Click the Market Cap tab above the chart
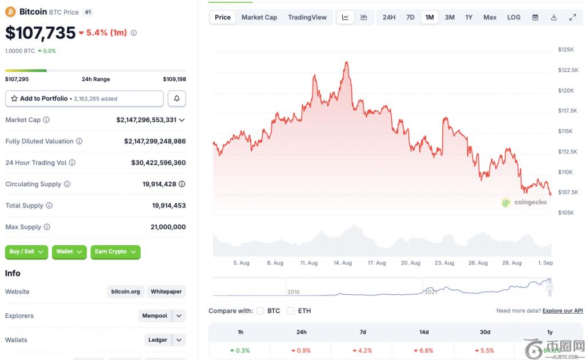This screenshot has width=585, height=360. coord(259,17)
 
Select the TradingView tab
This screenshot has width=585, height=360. coord(307,17)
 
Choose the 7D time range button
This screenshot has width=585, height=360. coord(410,17)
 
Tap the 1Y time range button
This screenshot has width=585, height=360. coord(468,17)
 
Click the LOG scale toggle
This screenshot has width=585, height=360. coord(514,17)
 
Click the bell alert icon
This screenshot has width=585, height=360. coord(177,99)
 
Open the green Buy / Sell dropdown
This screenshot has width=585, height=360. coord(27,251)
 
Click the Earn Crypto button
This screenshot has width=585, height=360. coord(115,251)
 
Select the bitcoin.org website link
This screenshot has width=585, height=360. coord(126,291)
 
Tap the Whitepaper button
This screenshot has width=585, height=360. coord(166,291)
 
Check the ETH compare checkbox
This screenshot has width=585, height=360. coord(291,311)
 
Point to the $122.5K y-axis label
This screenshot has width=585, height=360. coord(569,70)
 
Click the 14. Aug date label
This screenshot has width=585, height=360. coord(342,263)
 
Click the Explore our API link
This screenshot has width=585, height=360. coord(563,311)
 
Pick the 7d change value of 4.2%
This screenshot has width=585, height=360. coord(363,350)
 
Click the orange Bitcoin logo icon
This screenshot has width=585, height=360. coord(10,11)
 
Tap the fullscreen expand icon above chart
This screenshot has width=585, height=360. coord(572,17)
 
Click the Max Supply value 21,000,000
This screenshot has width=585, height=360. coord(169,227)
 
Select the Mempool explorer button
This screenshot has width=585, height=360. coord(155,316)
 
